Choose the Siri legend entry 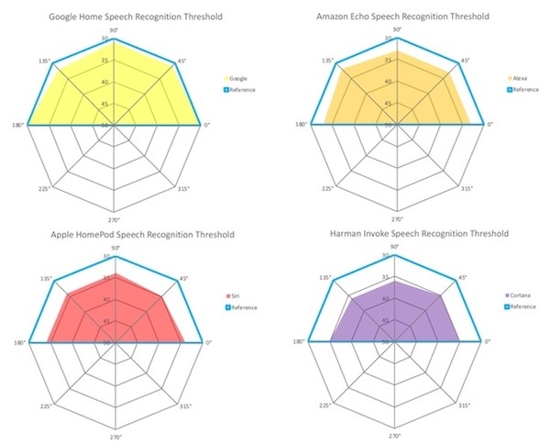[239, 295]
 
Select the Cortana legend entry [519, 295]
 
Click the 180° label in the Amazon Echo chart [300, 125]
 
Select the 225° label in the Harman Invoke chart [327, 405]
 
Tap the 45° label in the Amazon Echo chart [466, 61]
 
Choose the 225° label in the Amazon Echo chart [327, 188]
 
